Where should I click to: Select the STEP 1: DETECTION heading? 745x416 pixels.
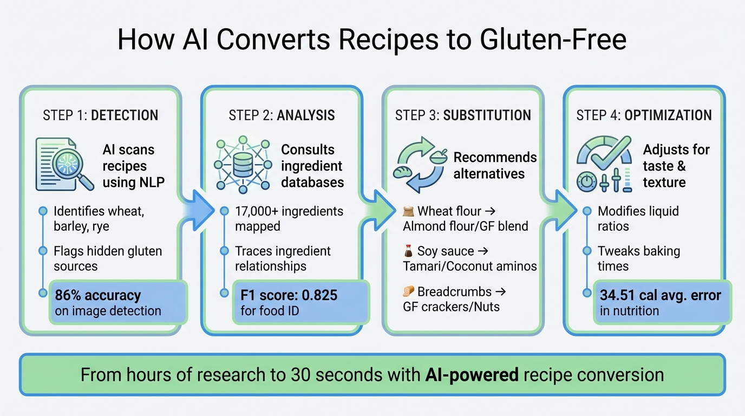coord(100,115)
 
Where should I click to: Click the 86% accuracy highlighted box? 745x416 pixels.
coord(117,302)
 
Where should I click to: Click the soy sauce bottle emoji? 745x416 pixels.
coord(409,251)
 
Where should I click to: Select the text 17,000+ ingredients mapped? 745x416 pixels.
coord(289,218)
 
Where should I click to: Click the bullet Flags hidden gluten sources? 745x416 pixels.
coord(108,258)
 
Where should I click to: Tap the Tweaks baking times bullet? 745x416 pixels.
coord(639,258)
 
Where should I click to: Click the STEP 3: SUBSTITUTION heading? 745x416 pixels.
coord(463,115)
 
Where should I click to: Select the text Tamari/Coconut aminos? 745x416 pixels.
coord(469,266)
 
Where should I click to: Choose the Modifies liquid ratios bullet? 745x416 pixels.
coord(638,218)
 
